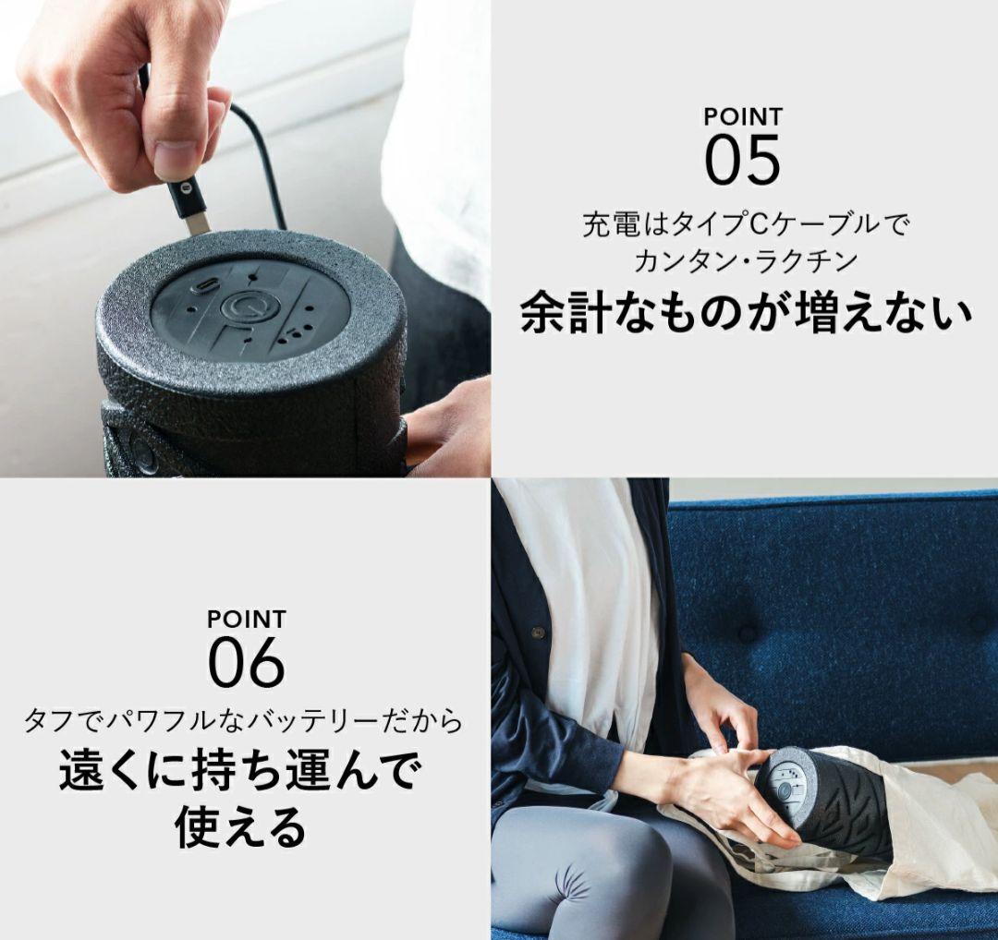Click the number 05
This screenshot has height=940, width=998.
(742, 159)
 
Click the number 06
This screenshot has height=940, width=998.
(246, 661)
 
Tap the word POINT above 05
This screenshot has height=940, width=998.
(742, 117)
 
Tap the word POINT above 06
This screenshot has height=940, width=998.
(246, 620)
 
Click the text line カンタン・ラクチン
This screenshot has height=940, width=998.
(745, 261)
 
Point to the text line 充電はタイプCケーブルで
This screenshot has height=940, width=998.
(745, 224)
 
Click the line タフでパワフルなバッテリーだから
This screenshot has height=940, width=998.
(244, 719)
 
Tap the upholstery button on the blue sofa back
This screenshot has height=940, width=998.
(747, 634)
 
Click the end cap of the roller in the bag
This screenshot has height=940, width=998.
(786, 790)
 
